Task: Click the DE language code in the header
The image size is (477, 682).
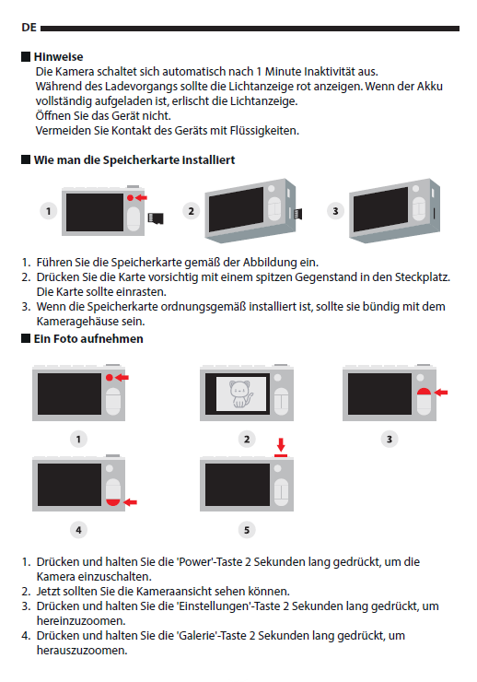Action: [29, 28]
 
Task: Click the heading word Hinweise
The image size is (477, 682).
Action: [58, 56]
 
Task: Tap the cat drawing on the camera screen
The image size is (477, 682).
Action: [241, 394]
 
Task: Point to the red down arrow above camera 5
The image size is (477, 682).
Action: [281, 444]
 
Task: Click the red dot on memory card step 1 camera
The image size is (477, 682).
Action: [131, 198]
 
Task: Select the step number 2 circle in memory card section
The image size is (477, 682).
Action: [192, 211]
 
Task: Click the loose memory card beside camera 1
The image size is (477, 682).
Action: [156, 218]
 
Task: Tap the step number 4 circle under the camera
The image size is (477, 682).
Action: [78, 530]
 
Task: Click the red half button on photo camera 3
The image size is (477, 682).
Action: [424, 391]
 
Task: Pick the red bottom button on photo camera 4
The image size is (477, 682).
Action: [113, 502]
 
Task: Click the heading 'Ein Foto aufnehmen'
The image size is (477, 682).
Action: [88, 339]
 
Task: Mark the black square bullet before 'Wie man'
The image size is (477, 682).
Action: [26, 159]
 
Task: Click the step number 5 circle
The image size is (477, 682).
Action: [247, 530]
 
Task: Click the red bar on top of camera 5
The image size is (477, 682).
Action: [281, 456]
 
